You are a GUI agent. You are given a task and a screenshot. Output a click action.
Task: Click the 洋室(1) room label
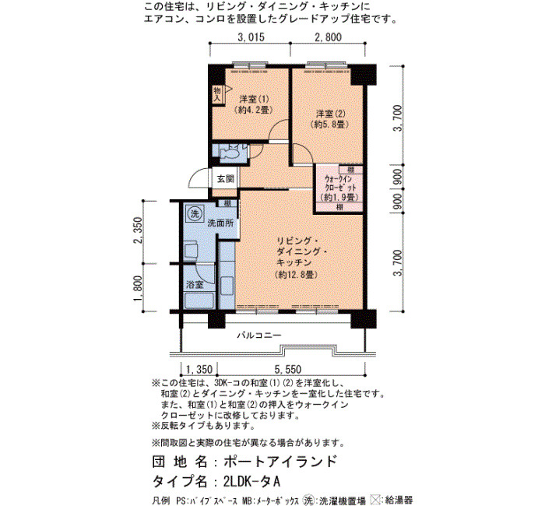[x=254, y=99]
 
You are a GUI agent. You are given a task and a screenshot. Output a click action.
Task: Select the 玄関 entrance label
[x=226, y=179]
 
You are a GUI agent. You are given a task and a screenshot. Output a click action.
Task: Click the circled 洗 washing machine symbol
[x=195, y=213]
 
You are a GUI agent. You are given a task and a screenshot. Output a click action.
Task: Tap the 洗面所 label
[x=220, y=223]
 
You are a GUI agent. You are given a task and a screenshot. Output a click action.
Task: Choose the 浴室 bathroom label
[x=195, y=285]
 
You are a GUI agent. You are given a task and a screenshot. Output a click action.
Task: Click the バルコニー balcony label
[x=259, y=336]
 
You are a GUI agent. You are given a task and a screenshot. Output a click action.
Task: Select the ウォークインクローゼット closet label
[x=340, y=183]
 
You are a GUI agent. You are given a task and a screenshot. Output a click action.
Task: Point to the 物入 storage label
[x=217, y=94]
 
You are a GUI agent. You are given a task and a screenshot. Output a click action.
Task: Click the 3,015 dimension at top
[x=251, y=37]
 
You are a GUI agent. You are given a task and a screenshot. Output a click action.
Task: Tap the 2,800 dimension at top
[x=328, y=37]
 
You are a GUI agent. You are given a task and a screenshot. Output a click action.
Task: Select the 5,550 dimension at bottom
[x=288, y=369]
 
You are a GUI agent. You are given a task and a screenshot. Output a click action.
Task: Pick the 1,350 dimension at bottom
[x=199, y=369]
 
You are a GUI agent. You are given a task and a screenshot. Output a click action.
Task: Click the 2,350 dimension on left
[x=138, y=230]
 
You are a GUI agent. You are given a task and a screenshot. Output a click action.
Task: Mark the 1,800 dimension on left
[x=138, y=289]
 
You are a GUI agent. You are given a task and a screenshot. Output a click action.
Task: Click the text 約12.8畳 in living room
[x=297, y=275]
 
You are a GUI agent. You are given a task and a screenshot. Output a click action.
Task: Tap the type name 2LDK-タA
[x=252, y=482]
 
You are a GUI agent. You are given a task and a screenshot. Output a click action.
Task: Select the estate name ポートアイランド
[x=280, y=462]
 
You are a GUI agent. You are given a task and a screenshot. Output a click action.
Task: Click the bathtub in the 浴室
[x=199, y=300]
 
